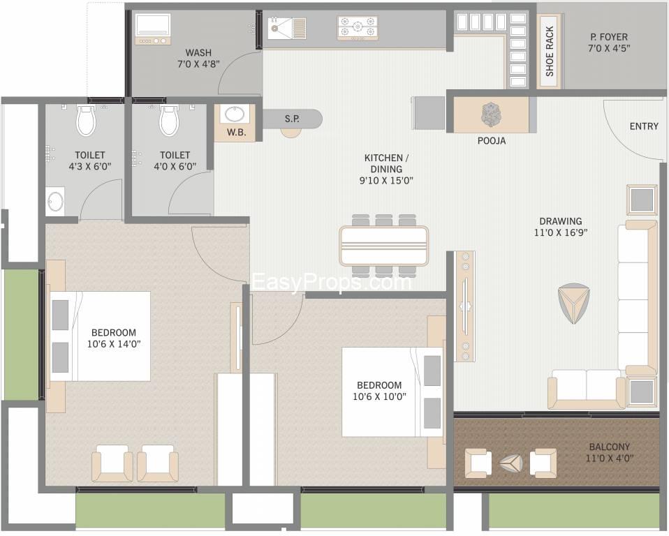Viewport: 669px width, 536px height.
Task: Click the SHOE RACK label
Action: (x=550, y=51)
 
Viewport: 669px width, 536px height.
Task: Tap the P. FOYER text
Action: (x=609, y=37)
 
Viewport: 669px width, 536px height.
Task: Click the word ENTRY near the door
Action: (x=644, y=126)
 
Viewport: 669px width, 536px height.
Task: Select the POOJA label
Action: (x=492, y=140)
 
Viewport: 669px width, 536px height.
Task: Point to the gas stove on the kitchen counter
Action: (x=358, y=28)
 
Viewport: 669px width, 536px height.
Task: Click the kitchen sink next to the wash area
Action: (x=287, y=27)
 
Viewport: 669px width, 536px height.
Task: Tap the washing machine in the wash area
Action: (x=153, y=29)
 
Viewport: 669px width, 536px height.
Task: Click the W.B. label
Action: (x=236, y=132)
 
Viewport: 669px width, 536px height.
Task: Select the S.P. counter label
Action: (x=292, y=119)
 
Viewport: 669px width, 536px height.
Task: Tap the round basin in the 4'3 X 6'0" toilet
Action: (x=55, y=201)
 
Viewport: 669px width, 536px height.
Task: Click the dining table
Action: (x=383, y=246)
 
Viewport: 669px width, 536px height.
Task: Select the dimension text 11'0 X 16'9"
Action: (x=561, y=232)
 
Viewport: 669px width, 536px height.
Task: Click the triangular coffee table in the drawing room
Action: (x=573, y=304)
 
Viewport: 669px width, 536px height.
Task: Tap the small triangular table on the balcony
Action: (x=511, y=463)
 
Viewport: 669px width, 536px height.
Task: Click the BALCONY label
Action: (x=609, y=447)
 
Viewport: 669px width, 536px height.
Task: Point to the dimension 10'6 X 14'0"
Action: (x=114, y=343)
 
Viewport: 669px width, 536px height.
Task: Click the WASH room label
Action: (x=198, y=53)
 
